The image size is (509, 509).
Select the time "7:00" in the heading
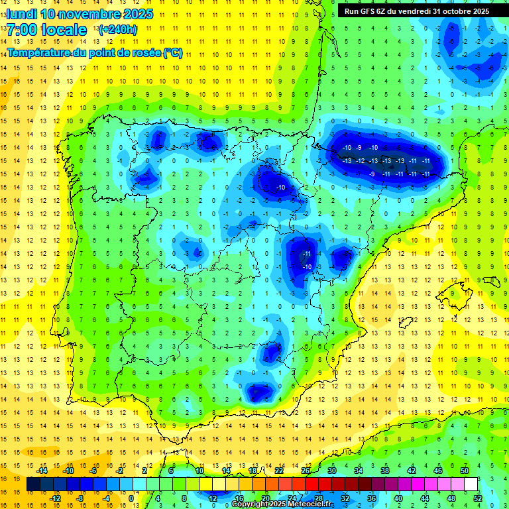[22, 30]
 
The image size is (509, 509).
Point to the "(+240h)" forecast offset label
[117, 29]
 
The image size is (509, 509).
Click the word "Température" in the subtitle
[37, 52]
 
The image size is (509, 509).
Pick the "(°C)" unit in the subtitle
[173, 52]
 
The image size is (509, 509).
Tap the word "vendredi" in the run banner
[416, 11]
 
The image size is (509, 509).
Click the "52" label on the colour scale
[477, 498]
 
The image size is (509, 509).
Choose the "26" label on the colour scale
[306, 471]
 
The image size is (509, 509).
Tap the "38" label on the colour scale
[385, 471]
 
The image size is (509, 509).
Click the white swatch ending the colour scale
[471, 484]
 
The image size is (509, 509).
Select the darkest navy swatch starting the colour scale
[33, 484]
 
